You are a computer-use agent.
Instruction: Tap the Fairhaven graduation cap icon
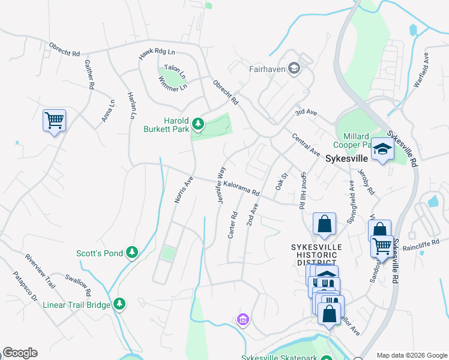294,69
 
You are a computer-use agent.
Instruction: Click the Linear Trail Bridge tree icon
120,304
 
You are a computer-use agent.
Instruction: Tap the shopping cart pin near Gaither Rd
54,121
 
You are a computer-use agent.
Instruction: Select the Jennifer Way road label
221,185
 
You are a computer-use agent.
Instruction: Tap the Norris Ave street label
184,189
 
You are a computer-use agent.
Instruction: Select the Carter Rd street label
233,225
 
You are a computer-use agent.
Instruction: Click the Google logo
20,353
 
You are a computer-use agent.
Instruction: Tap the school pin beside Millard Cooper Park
381,149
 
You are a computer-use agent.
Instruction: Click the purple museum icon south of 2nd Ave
243,319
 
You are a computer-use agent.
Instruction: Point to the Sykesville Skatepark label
280,358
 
